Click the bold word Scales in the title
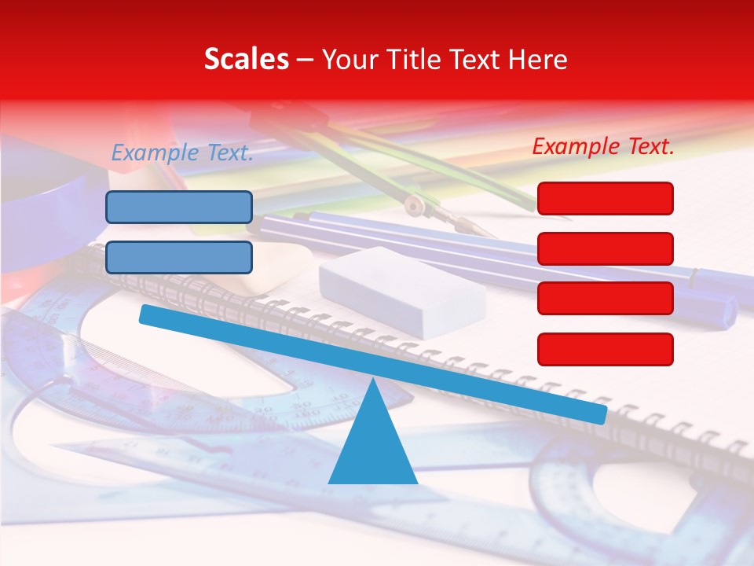coord(246,60)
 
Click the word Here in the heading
coord(537,60)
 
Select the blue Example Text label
coord(182,153)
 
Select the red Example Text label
coord(603,146)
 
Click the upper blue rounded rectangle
coord(179,207)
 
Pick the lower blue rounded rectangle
coord(179,257)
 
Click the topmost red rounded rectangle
coord(605,198)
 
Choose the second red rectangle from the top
coord(605,248)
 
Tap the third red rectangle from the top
coord(605,298)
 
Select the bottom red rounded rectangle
coord(605,349)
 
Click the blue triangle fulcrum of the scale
coord(372,444)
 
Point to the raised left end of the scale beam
coord(145,314)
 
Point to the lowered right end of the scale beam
coord(600,413)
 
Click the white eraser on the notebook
coord(401,290)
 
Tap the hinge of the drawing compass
coord(414,206)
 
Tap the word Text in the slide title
coord(476,60)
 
